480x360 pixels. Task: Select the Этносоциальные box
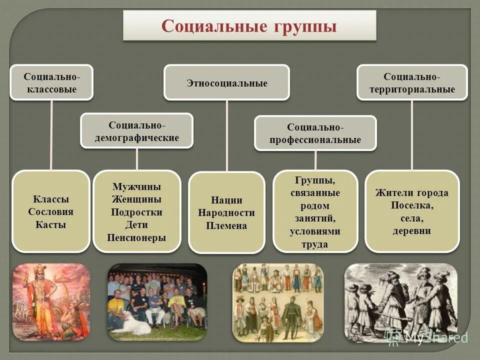point(227,83)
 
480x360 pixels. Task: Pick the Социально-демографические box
point(136,131)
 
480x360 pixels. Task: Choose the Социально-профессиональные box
point(315,133)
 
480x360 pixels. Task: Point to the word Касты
point(51,224)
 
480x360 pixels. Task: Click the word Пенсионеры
point(136,237)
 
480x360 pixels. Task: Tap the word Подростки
point(136,212)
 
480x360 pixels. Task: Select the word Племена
point(226,225)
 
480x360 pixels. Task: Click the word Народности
point(226,212)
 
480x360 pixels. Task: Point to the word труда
point(315,244)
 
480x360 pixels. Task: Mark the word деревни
point(412,231)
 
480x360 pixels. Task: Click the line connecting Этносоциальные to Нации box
point(227,135)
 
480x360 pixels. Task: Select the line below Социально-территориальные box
point(412,135)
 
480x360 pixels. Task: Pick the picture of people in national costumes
point(277,302)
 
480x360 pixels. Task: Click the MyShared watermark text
point(435,337)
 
